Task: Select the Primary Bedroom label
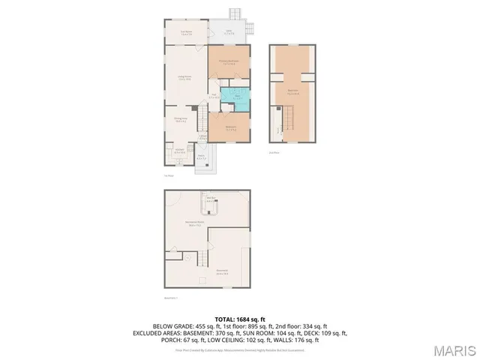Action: tap(229, 62)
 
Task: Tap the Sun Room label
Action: tap(186, 32)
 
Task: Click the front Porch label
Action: tap(201, 158)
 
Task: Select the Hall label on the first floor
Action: tap(213, 96)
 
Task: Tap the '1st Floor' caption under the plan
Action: tap(169, 176)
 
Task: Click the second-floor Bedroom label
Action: tap(293, 91)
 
